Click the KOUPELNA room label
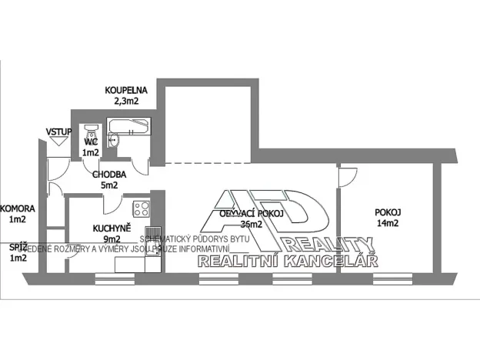126,90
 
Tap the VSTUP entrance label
58,132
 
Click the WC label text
90,142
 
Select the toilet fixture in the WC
90,131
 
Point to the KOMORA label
15,208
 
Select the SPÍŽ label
17,247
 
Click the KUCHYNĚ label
112,228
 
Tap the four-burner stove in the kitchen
140,208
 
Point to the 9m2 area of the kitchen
112,239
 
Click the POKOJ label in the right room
387,213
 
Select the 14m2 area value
387,224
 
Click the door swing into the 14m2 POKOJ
345,176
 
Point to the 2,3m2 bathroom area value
126,100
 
